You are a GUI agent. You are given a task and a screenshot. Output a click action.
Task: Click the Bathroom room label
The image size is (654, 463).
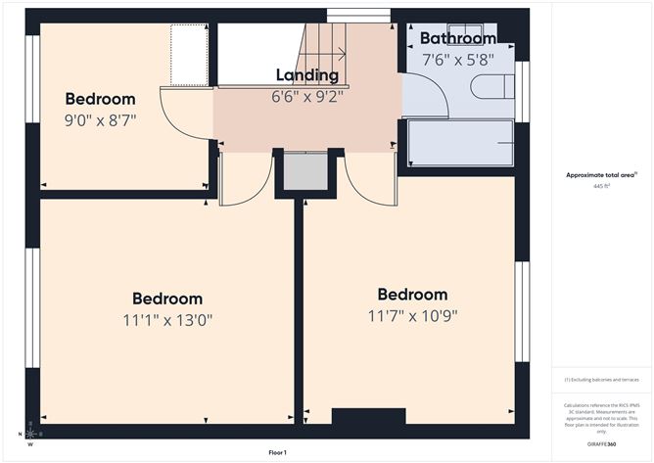pyautogui.click(x=457, y=38)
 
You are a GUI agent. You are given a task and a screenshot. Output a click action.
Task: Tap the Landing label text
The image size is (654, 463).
pyautogui.click(x=306, y=75)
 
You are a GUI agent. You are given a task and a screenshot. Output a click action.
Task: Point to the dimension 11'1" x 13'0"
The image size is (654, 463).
pyautogui.click(x=167, y=319)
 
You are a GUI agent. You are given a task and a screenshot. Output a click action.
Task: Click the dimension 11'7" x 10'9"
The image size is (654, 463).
pyautogui.click(x=412, y=315)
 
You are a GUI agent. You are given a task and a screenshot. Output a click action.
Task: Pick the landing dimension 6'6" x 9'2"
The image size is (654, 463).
pyautogui.click(x=306, y=96)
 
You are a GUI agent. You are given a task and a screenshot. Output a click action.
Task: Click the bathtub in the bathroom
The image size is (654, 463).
pyautogui.click(x=460, y=143)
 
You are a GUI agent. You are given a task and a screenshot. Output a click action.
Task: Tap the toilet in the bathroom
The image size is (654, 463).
pyautogui.click(x=490, y=87)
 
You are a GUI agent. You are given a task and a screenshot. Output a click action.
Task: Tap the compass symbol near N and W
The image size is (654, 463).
pyautogui.click(x=31, y=432)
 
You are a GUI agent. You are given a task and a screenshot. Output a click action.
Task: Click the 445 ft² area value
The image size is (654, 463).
pyautogui.click(x=600, y=185)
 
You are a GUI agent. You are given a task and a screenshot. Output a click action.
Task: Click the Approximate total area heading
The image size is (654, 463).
pyautogui.click(x=600, y=174)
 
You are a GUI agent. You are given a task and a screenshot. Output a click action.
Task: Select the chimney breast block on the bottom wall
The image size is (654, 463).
pyautogui.click(x=368, y=416)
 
